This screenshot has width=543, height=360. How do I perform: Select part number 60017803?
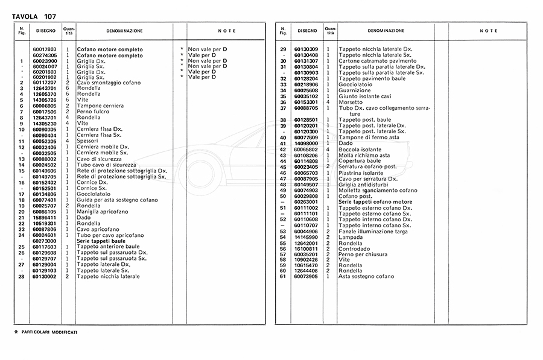pyautogui.click(x=45, y=49)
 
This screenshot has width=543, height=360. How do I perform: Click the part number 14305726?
pyautogui.click(x=45, y=99)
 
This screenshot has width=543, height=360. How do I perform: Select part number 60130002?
pyautogui.click(x=45, y=276)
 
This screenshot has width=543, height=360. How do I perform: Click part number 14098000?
pyautogui.click(x=306, y=143)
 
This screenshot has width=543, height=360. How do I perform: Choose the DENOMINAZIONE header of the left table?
pyautogui.click(x=125, y=30)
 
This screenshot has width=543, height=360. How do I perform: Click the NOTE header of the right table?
pyautogui.click(x=489, y=30)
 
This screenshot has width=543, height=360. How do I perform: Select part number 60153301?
pyautogui.click(x=306, y=102)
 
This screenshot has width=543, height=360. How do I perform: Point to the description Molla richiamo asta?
pyautogui.click(x=366, y=156)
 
